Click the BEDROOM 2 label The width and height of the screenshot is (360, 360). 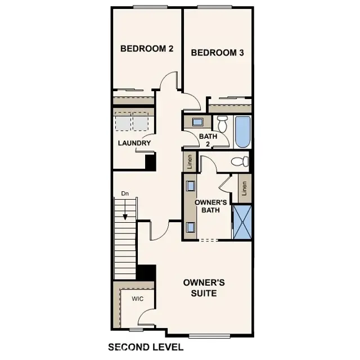pos(146,49)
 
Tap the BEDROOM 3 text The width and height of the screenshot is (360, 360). pos(217,53)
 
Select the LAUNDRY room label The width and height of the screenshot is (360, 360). pos(134,143)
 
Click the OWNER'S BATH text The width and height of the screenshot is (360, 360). pos(210,206)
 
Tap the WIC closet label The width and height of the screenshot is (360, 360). pos(138,299)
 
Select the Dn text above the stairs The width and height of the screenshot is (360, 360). pos(125,194)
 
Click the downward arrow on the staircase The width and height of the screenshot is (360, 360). pos(125,209)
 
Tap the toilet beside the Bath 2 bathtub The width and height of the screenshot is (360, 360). pos(222,123)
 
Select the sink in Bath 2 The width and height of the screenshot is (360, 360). pos(197,122)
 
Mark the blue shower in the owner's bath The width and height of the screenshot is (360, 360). pos(242,222)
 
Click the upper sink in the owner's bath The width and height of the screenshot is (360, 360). pos(191,186)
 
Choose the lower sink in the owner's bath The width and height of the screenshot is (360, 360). pos(191,227)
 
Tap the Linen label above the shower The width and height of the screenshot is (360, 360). pos(245,189)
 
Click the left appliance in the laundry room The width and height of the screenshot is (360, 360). pos(122,121)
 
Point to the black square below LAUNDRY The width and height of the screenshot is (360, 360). pos(150,161)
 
